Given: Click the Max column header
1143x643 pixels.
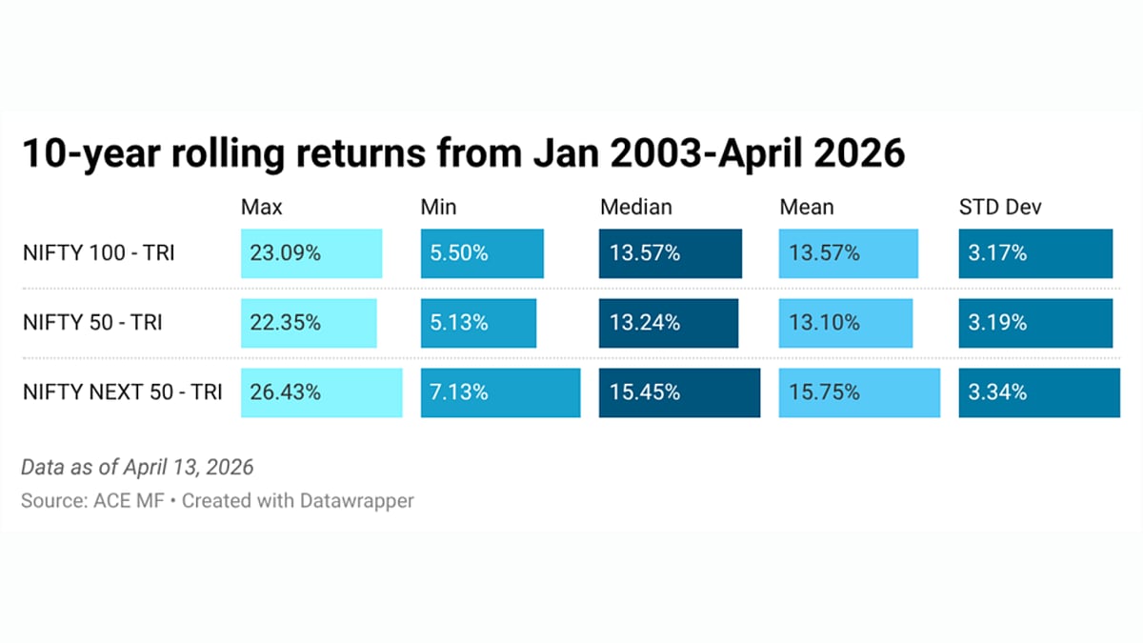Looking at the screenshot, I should [x=262, y=207].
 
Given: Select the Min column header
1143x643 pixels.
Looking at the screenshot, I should [x=438, y=207].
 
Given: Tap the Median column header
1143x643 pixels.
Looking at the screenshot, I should [x=635, y=207].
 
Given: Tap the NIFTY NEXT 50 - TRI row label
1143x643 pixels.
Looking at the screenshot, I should [x=122, y=392].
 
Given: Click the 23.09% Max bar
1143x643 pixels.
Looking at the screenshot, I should [x=311, y=253].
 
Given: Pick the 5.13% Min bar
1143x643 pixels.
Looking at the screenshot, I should [x=479, y=323].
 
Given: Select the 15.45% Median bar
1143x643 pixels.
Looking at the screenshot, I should [x=679, y=392].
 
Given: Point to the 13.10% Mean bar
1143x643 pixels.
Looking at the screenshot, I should [x=845, y=323].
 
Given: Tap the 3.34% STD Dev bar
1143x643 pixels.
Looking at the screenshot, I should [x=1039, y=392].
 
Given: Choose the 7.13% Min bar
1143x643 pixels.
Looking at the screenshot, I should [x=500, y=392].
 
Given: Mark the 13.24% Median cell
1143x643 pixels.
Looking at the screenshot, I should [x=669, y=323].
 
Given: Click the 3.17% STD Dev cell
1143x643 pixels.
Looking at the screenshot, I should [x=1035, y=253].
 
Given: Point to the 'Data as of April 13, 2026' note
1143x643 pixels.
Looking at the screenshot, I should [x=137, y=468].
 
